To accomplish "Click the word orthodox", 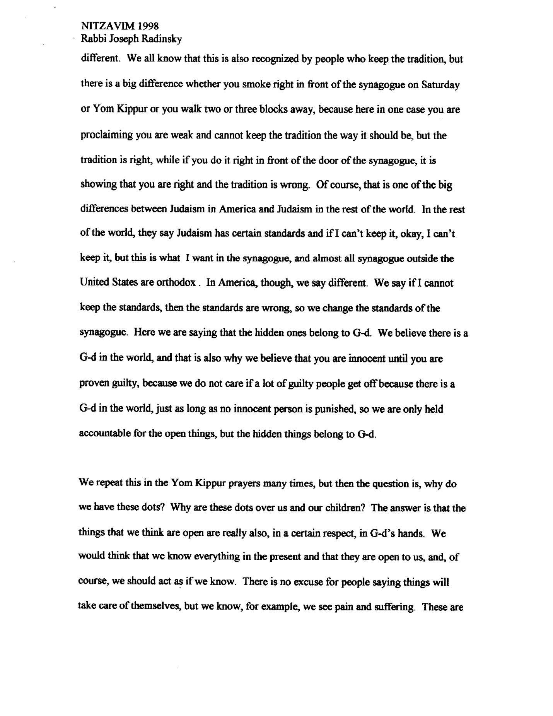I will point(176,283).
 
